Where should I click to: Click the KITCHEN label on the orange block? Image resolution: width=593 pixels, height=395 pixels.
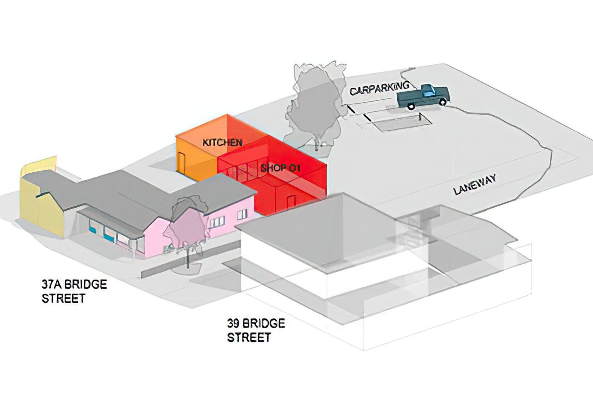tap(222, 143)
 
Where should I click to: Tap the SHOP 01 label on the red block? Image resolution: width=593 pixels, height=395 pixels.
tap(280, 169)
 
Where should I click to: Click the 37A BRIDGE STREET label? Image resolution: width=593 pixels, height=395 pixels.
tap(74, 291)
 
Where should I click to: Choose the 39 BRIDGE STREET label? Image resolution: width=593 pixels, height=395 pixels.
tap(256, 330)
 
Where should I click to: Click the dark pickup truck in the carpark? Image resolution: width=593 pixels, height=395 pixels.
tap(423, 96)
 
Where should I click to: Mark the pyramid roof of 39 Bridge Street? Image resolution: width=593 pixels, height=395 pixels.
tap(318, 225)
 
